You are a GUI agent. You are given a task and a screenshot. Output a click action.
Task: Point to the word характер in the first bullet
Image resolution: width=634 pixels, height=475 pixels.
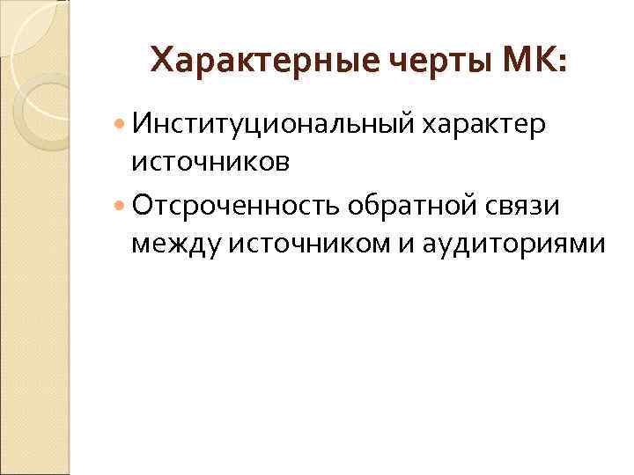pos(485,125)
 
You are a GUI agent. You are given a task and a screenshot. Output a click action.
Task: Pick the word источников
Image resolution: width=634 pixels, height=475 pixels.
pos(210,162)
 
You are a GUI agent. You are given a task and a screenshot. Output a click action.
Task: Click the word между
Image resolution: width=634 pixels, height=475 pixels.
pos(175,243)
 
